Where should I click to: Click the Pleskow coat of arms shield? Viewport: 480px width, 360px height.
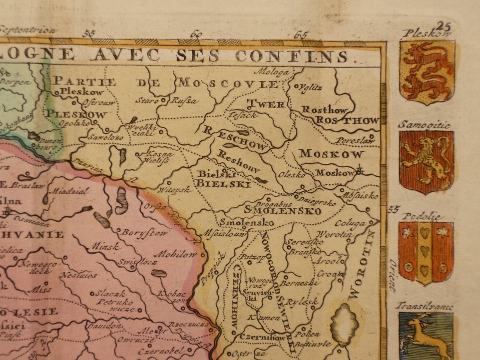pos(427,71)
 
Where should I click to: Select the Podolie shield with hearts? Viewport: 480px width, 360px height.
pos(425,252)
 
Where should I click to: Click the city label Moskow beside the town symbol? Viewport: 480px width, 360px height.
pos(334,173)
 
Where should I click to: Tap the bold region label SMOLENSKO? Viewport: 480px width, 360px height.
pos(283,211)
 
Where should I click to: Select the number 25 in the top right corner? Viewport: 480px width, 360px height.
pos(444,26)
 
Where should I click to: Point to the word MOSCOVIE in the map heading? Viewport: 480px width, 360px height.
pos(228,84)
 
